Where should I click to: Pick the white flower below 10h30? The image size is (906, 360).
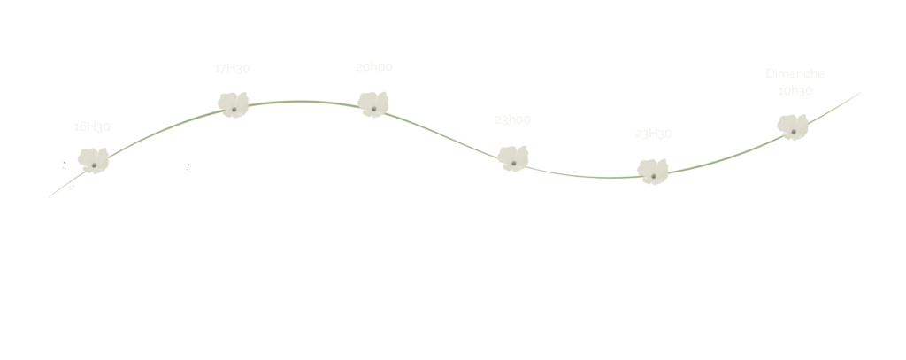point(793,126)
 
